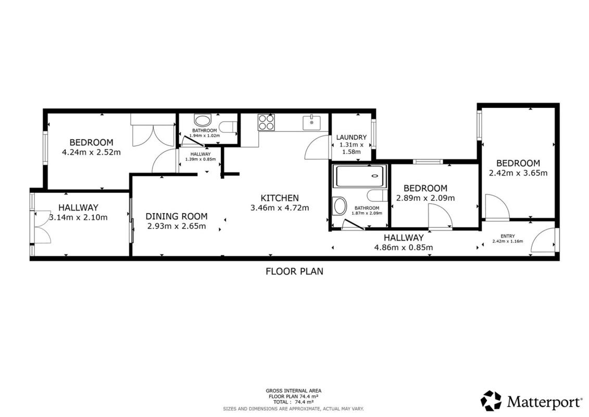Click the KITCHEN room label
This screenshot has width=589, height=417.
click(x=280, y=198)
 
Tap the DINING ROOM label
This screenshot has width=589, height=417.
click(x=177, y=216)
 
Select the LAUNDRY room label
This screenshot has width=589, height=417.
click(x=351, y=137)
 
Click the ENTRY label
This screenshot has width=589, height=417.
click(x=508, y=236)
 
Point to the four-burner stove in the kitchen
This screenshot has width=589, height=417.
click(x=266, y=122)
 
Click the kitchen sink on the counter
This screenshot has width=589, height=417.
click(x=312, y=123)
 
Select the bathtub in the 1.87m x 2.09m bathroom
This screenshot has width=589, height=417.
click(x=360, y=176)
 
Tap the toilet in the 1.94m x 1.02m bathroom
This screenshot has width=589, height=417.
click(x=227, y=127)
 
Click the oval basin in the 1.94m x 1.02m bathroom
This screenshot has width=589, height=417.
click(x=203, y=121)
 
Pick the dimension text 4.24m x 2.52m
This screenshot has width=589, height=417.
click(x=91, y=152)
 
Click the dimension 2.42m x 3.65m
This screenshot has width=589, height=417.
click(x=518, y=173)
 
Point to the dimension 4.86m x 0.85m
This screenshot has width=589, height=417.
click(x=404, y=248)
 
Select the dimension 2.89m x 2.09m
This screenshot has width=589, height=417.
click(x=425, y=198)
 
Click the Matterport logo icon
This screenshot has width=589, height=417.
click(x=491, y=401)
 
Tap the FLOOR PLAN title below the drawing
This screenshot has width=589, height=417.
click(x=295, y=271)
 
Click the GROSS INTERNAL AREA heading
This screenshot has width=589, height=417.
click(x=293, y=391)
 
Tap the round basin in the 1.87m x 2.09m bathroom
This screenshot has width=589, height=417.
click(x=340, y=206)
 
